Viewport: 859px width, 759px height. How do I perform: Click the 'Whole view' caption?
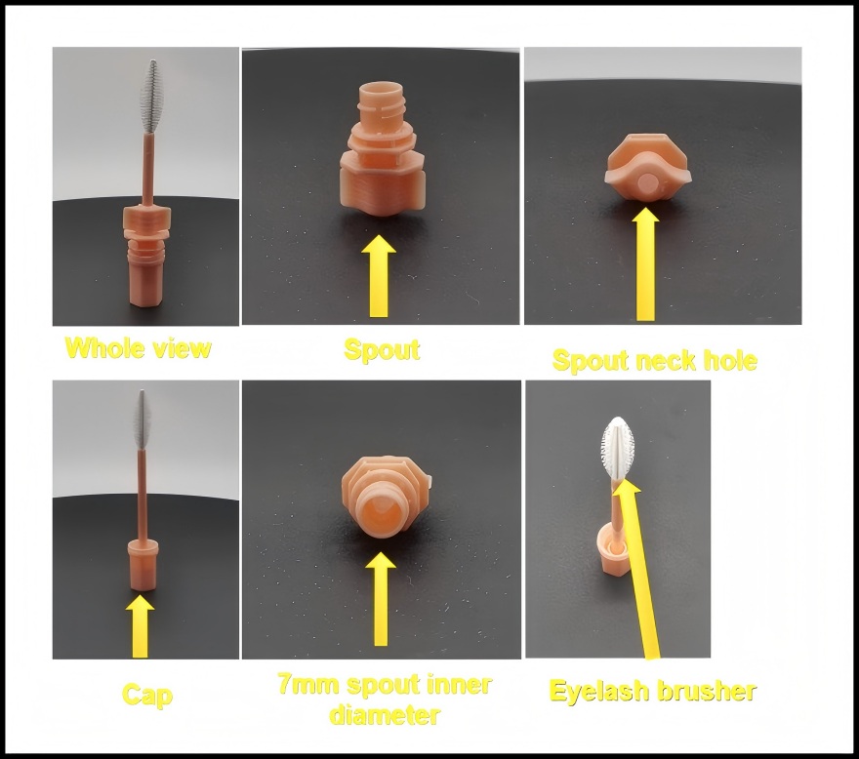138,348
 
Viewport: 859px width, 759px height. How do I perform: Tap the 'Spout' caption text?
382,349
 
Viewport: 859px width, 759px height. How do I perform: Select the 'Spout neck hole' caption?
654,360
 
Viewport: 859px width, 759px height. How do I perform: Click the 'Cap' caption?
147,695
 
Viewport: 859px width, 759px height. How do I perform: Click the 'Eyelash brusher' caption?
653,692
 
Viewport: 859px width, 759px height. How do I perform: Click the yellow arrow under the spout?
379,277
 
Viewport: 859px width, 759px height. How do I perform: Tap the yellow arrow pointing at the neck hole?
645,265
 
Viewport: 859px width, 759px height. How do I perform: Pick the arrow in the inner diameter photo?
379,598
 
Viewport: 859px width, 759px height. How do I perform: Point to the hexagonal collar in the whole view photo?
146,220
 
